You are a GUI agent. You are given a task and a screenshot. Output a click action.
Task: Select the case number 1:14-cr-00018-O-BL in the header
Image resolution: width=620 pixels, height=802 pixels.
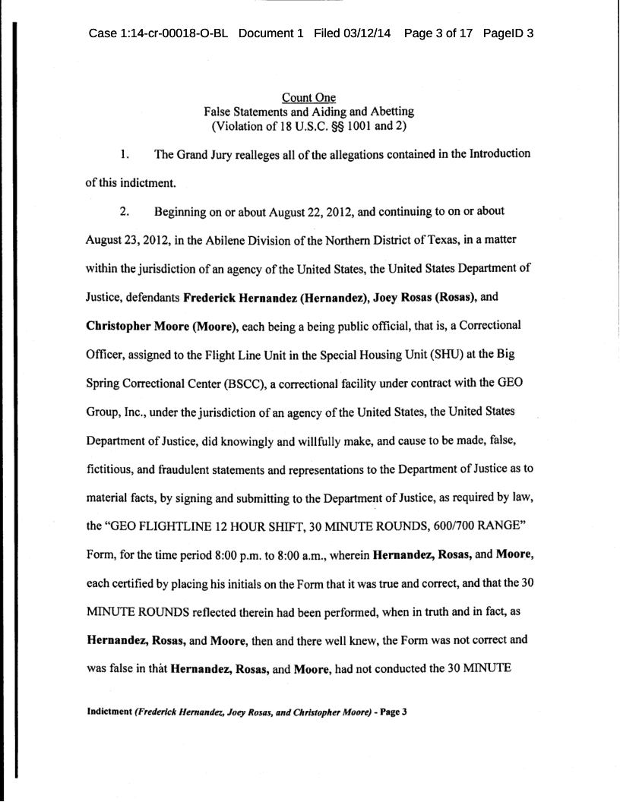[159, 34]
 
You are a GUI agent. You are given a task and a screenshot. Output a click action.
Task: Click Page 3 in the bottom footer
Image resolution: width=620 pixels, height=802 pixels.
[391, 713]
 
